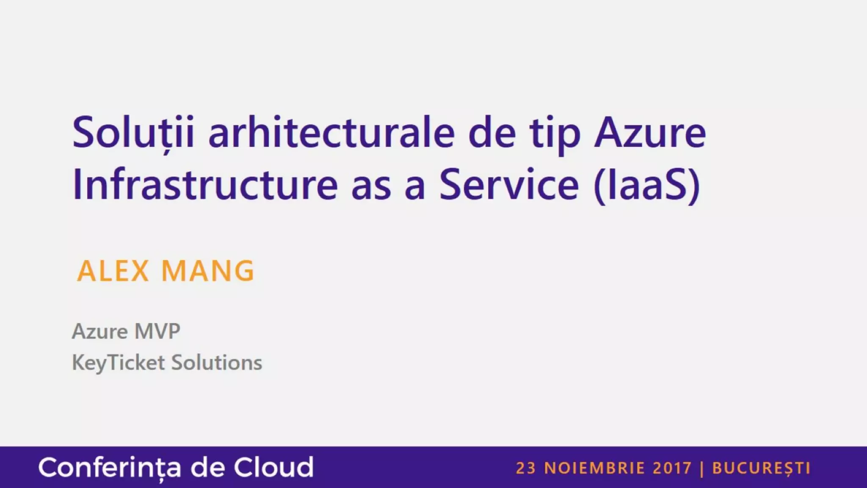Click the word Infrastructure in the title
(x=205, y=184)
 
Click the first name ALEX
(x=113, y=271)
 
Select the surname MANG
(x=208, y=271)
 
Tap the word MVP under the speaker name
(x=157, y=331)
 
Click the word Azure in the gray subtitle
(x=100, y=331)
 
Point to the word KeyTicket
(x=119, y=363)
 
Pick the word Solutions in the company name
(x=216, y=363)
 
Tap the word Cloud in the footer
(x=273, y=467)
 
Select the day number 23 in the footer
(x=526, y=468)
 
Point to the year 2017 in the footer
(x=672, y=468)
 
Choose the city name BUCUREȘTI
(x=761, y=469)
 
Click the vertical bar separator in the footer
(x=702, y=469)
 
